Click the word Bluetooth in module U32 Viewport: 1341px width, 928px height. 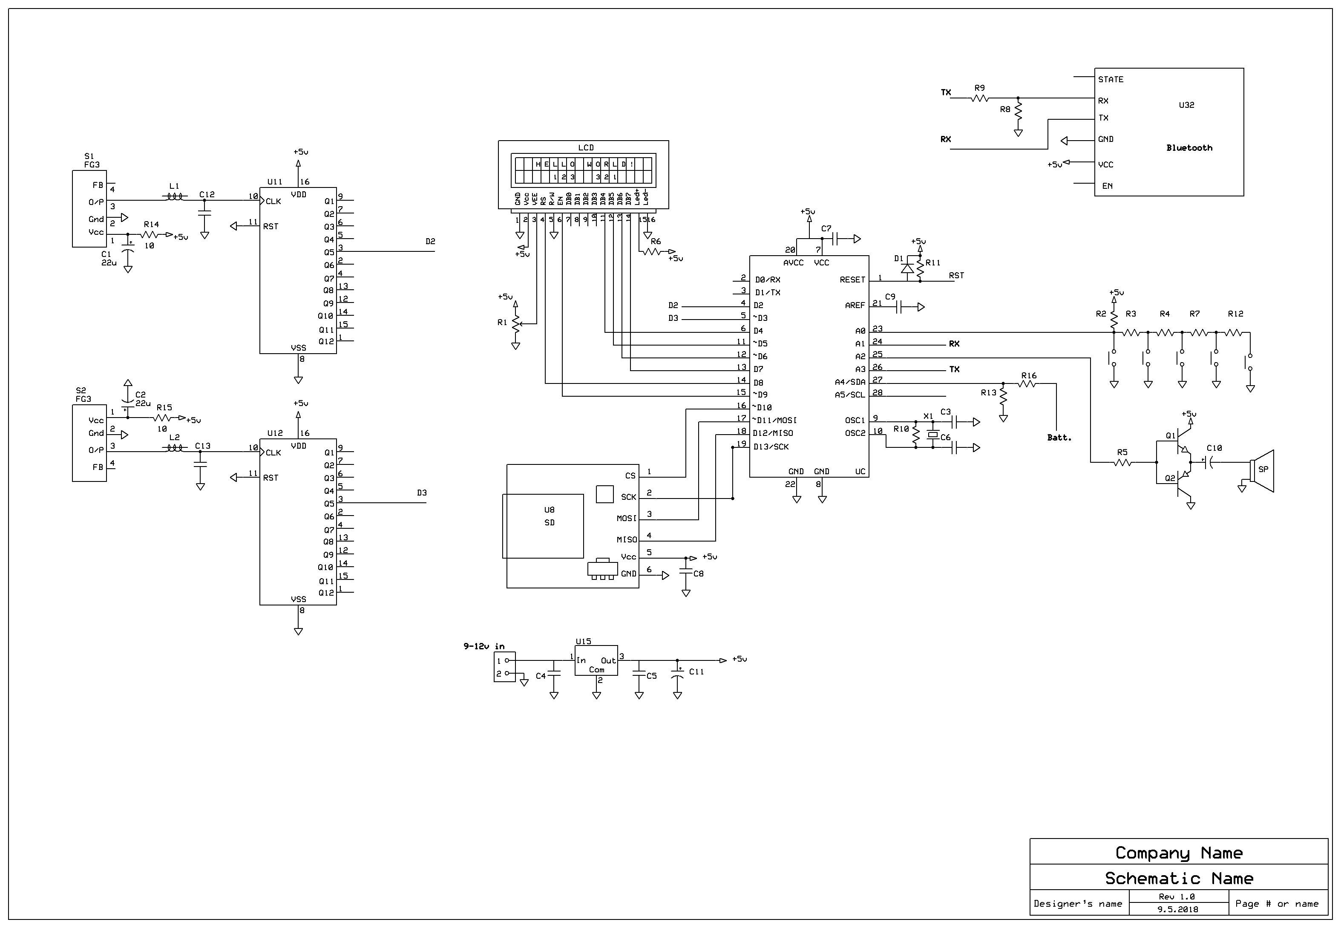tap(1189, 148)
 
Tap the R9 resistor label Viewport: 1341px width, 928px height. tap(979, 88)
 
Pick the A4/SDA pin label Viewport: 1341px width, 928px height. tap(850, 382)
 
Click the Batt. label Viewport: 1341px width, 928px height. tap(1059, 437)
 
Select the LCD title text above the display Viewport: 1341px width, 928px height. tap(586, 148)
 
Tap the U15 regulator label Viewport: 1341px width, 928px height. tap(584, 641)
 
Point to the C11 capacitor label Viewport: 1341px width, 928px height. tap(696, 672)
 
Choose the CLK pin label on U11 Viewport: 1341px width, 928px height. tap(273, 201)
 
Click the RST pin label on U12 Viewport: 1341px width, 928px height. tap(271, 478)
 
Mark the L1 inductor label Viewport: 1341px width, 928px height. tap(174, 186)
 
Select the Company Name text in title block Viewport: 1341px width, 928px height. tap(1179, 853)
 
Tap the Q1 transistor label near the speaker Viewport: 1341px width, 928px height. tap(1171, 435)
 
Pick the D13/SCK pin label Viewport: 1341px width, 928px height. tap(771, 447)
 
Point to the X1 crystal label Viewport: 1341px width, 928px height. tap(928, 416)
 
